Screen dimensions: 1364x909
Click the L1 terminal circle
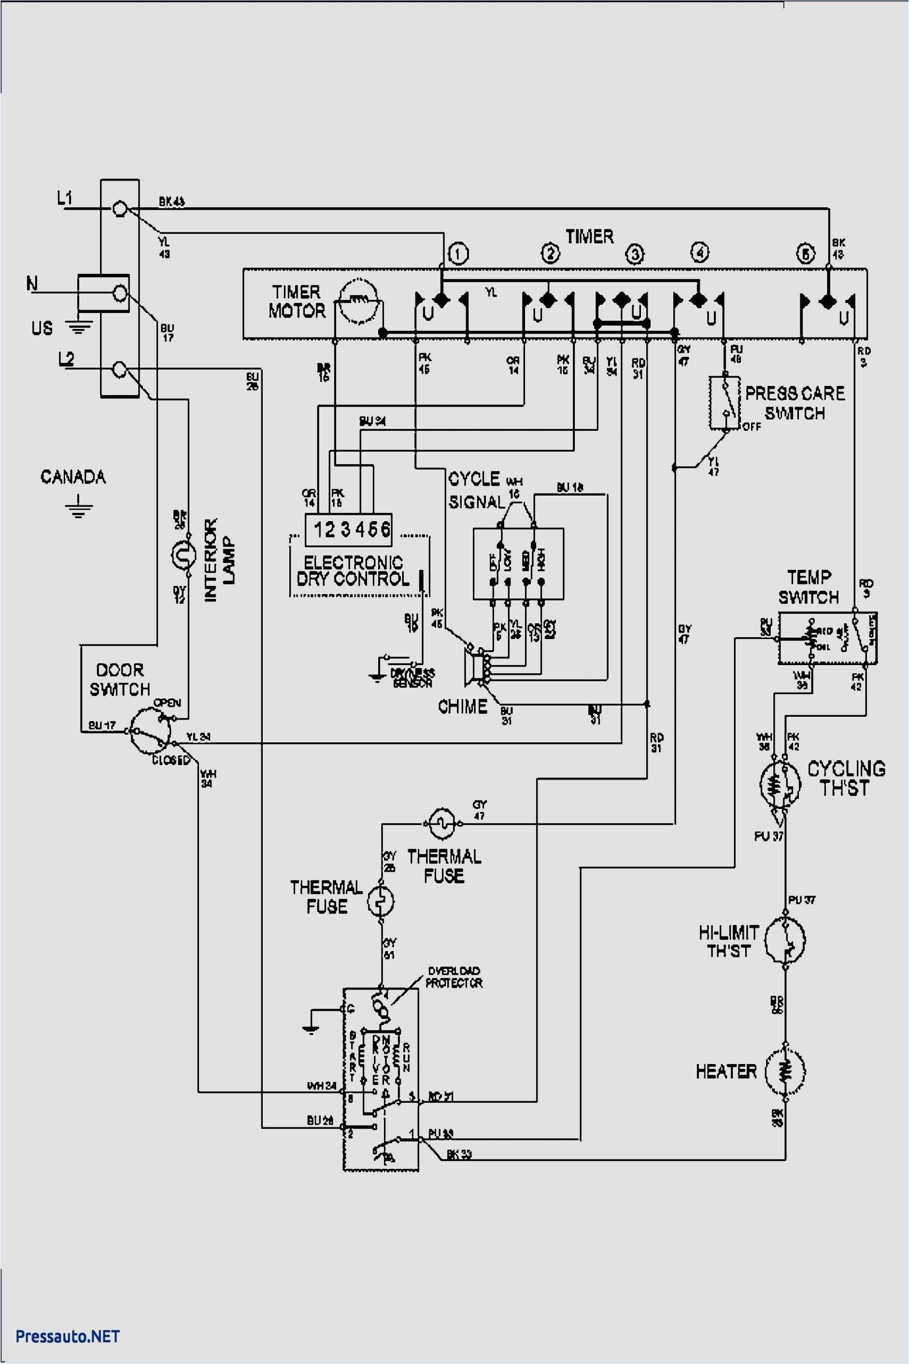click(119, 209)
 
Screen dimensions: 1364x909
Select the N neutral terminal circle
click(120, 293)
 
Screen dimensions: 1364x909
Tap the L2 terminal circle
click(119, 369)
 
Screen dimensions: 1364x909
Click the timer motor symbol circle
click(358, 300)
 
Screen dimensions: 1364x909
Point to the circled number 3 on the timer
click(635, 254)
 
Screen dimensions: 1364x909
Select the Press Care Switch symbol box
click(724, 403)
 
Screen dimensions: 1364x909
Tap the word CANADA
click(73, 477)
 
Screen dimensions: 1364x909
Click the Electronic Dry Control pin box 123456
click(348, 529)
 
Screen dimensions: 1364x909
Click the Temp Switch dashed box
click(827, 638)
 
